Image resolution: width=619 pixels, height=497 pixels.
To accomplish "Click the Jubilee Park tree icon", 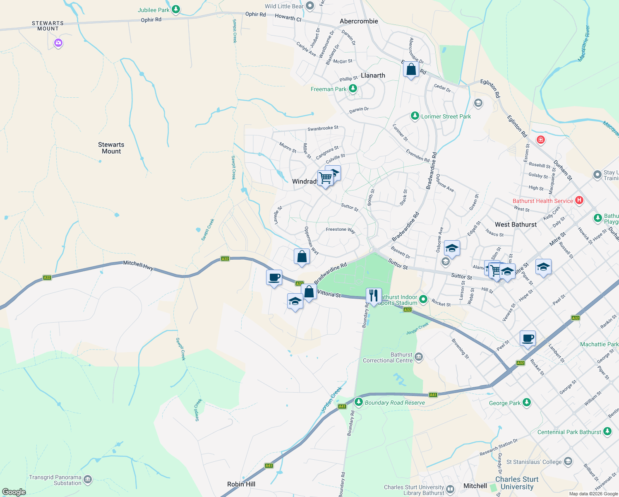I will pos(176,9).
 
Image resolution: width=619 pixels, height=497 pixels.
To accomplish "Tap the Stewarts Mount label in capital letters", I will pos(48,26).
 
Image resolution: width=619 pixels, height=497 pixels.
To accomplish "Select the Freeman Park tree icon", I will pos(353,89).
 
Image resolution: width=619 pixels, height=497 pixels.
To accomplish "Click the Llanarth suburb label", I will pos(373,75).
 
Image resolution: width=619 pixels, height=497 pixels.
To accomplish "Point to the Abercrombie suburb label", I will pos(359,21).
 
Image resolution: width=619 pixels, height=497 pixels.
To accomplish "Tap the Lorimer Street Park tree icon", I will pos(415,116).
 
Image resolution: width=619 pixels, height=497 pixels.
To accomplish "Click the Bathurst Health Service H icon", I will pos(579,200).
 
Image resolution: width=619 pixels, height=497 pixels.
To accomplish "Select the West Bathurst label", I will pos(516,224).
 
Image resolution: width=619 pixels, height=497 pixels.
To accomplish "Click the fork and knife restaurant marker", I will pos(374,296).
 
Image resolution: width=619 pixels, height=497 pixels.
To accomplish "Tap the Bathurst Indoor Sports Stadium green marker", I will pos(423,299).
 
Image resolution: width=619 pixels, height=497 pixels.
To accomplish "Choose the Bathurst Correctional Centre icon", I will pos(419,357).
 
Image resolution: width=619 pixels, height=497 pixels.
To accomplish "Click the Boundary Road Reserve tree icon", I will pos(359,402).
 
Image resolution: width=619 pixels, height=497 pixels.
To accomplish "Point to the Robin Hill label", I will pos(241,484).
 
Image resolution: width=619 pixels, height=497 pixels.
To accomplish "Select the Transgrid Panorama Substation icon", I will pos(88,480).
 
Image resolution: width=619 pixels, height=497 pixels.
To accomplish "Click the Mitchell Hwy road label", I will pos(138,265).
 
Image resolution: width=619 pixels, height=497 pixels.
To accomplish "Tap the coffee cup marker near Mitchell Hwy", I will pos(274,277).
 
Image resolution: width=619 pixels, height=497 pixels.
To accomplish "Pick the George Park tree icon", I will pos(526,402).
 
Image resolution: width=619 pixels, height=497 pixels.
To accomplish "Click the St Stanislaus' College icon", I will pos(568,461).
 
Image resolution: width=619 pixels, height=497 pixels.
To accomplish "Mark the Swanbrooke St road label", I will pos(323,128).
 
